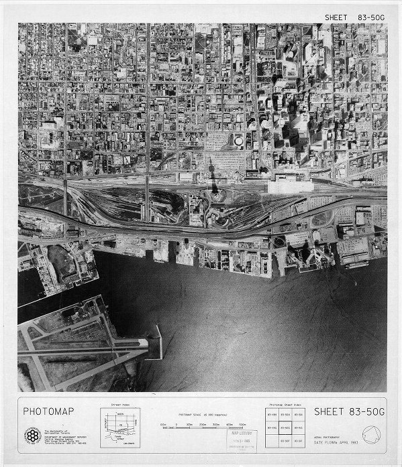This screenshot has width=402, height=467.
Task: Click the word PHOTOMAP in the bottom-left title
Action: click(49, 410)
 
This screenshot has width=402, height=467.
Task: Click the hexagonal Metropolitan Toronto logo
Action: click(31, 430)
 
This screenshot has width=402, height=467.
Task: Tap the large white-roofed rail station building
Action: click(290, 183)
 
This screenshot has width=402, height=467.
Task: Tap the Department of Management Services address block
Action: click(61, 437)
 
